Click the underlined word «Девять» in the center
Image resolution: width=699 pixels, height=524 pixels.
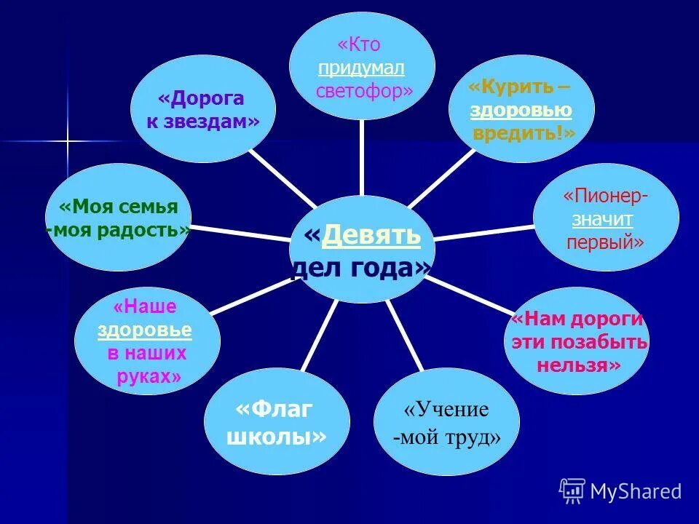pos(371,235)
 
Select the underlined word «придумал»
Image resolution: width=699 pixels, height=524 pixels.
pos(361,67)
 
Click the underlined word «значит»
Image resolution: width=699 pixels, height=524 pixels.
pos(602,218)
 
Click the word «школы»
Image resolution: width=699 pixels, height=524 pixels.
pos(277,437)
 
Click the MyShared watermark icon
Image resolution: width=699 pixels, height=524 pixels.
pos(572,491)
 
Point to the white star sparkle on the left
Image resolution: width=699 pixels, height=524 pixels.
pos(67,141)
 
